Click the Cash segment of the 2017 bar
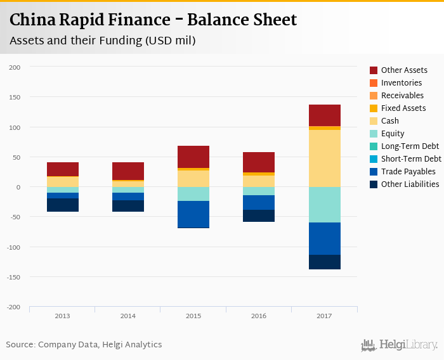pos(325,158)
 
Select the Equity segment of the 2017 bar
pos(325,205)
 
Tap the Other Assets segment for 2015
pos(193,157)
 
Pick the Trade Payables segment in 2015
pos(193,214)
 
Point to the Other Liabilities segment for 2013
pos(63,205)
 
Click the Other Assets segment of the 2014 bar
pos(128,171)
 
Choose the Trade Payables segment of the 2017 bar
pos(325,238)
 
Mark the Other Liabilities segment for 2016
pos(259,215)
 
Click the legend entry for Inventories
pos(401,83)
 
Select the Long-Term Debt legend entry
pos(410,146)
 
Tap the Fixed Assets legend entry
pos(403,108)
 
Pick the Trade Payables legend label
pos(408,172)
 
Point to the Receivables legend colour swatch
pos(374,96)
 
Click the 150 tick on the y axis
pos(15,98)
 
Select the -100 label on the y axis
pos(13,247)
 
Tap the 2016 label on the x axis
pos(259,316)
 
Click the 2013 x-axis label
pos(63,316)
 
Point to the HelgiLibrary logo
pos(400,345)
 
